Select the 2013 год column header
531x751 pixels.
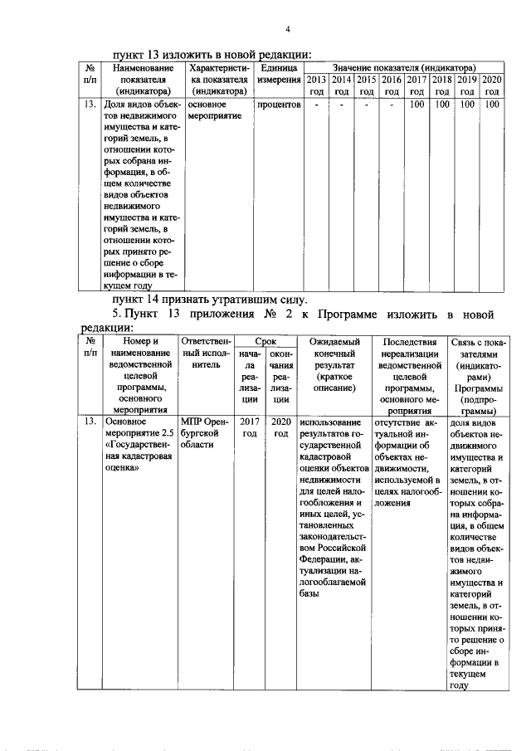316,85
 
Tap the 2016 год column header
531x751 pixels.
392,85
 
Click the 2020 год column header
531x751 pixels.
492,85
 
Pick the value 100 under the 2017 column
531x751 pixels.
417,105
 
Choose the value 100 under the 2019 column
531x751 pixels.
467,105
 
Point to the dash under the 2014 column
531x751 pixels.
341,105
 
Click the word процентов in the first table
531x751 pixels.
278,105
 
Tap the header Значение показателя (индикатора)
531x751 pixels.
404,66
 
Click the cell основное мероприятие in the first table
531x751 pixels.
214,110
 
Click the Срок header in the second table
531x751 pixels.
265,341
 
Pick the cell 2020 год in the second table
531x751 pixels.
280,427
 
